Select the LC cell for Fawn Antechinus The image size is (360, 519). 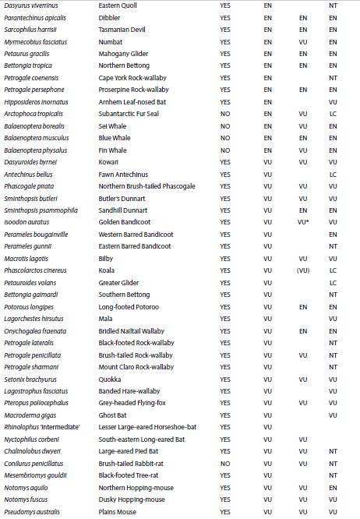click(x=333, y=174)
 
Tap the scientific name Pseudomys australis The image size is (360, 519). click(x=33, y=512)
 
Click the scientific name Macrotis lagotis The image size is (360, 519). click(x=26, y=258)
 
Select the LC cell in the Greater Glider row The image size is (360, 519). click(x=333, y=282)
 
